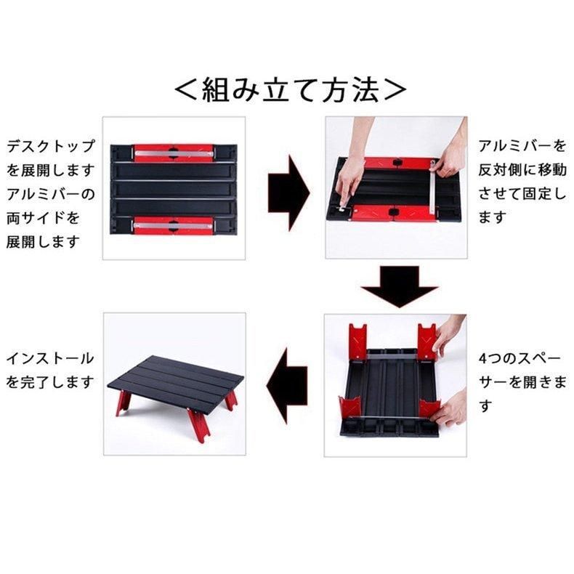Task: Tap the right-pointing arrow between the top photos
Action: [x=289, y=193]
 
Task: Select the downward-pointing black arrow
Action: [x=399, y=286]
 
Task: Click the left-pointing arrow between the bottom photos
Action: [x=287, y=385]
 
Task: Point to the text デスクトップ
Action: [x=51, y=146]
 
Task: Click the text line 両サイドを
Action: [x=43, y=218]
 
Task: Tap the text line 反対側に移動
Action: [x=522, y=169]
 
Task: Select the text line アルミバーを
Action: [x=522, y=146]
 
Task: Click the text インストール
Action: [x=50, y=358]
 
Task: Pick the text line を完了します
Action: [x=50, y=382]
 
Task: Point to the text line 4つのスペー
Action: [x=520, y=358]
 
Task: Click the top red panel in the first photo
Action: [x=173, y=153]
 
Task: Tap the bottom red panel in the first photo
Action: [x=173, y=225]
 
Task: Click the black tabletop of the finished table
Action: [x=176, y=382]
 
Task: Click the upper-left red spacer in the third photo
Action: [x=358, y=341]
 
